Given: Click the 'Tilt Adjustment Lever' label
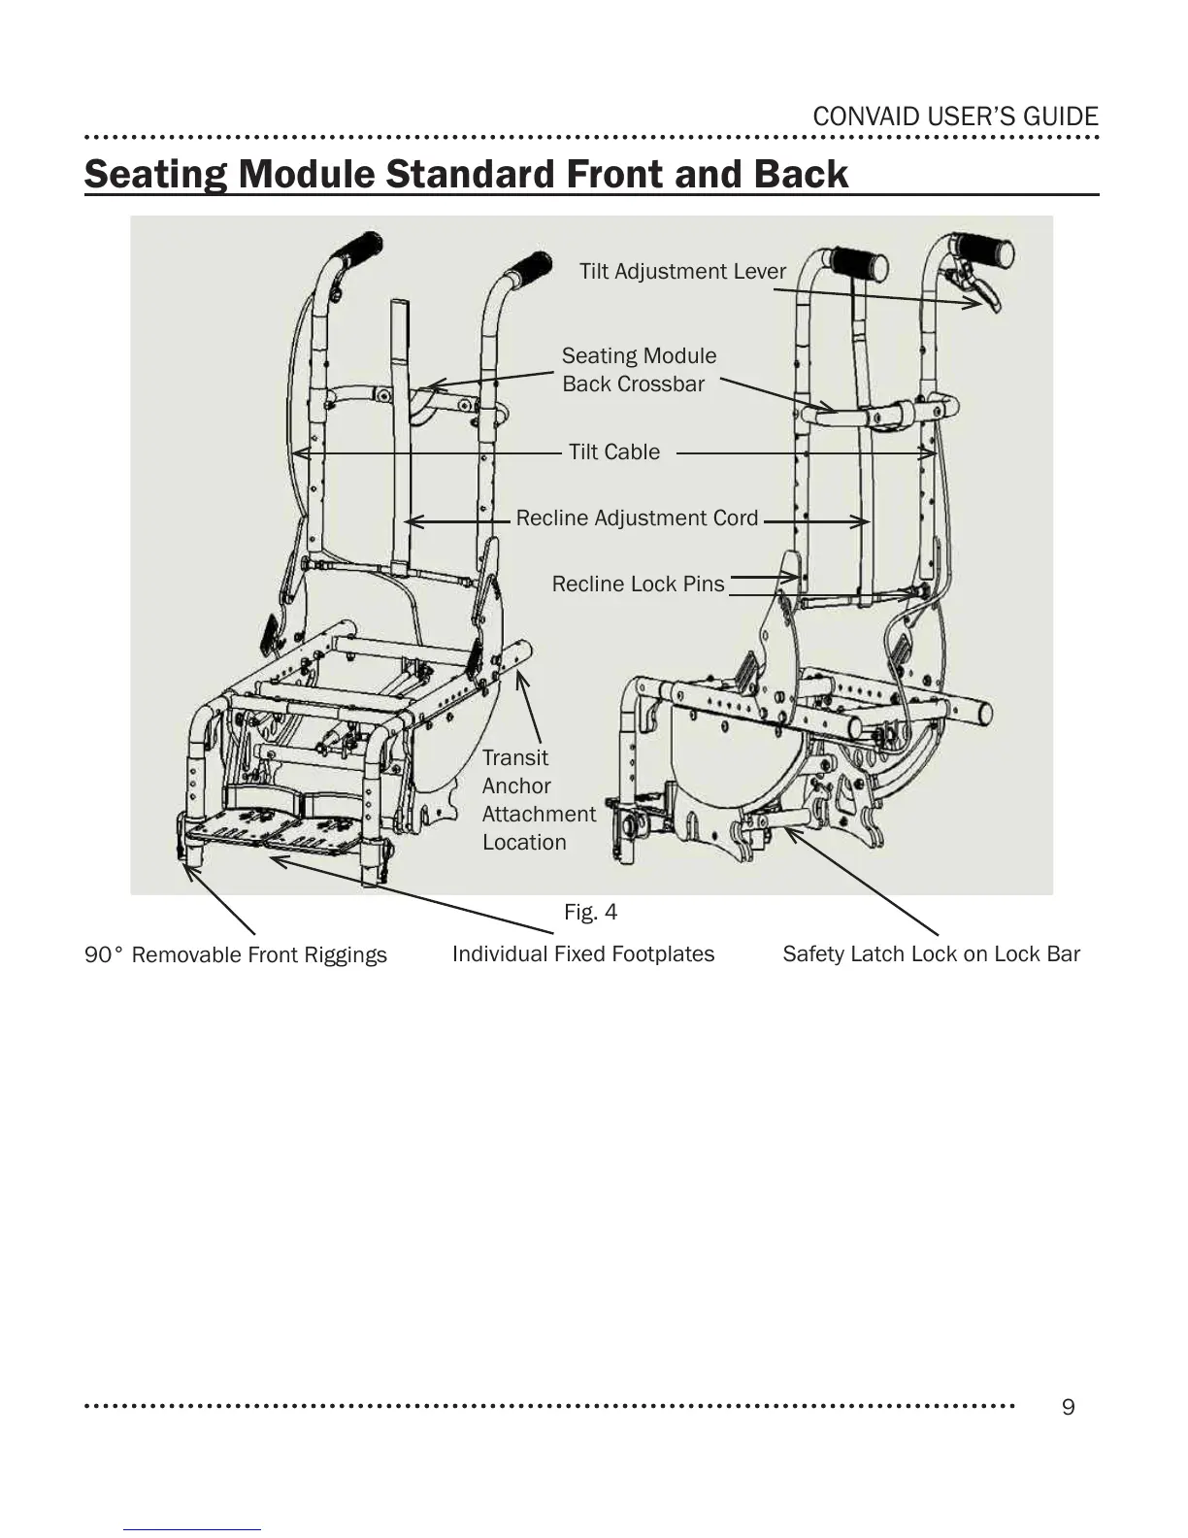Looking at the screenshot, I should [x=682, y=271].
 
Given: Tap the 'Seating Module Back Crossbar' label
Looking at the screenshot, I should [x=638, y=370].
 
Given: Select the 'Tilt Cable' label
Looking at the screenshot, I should [x=613, y=451].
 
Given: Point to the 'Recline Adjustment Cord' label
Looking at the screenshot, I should [x=637, y=518].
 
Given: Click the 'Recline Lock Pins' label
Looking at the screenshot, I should [x=638, y=584].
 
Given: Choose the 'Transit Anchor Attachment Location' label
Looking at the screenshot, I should [x=538, y=800].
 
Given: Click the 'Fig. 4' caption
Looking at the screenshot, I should [x=590, y=912].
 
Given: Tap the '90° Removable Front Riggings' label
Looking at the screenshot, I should [x=236, y=955].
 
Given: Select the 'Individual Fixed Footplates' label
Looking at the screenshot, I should [x=583, y=954].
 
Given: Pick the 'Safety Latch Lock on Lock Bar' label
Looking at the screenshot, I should [x=931, y=954].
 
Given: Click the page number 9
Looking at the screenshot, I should [x=1069, y=1407].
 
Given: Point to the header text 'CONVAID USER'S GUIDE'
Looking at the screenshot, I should [x=955, y=117].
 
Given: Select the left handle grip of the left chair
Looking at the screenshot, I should [x=357, y=250].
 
